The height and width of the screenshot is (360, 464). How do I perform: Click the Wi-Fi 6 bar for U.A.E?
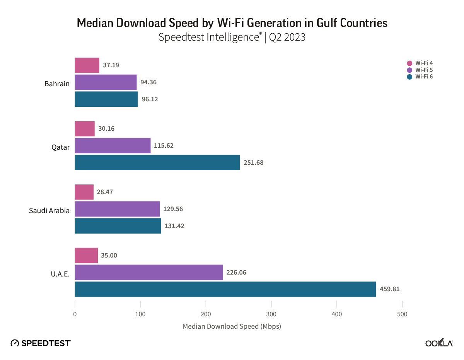(x=225, y=289)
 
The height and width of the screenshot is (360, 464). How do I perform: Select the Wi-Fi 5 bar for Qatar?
(x=113, y=145)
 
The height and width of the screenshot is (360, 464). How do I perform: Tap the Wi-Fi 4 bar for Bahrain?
(x=87, y=65)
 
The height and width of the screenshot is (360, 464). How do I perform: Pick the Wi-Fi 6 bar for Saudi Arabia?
(x=118, y=226)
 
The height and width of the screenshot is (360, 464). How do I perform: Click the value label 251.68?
(x=253, y=162)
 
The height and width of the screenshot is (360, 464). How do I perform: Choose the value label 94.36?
(x=149, y=82)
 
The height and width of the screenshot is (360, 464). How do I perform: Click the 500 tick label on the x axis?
(x=402, y=314)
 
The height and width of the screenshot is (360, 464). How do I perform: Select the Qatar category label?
(x=60, y=147)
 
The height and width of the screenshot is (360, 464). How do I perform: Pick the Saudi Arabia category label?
(x=49, y=210)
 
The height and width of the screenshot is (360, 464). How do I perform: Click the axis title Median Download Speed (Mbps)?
(x=232, y=326)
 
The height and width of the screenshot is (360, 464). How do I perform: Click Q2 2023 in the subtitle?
(x=287, y=38)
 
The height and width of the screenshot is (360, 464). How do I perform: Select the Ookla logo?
(x=439, y=343)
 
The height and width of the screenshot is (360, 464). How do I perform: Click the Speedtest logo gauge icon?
(x=15, y=343)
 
